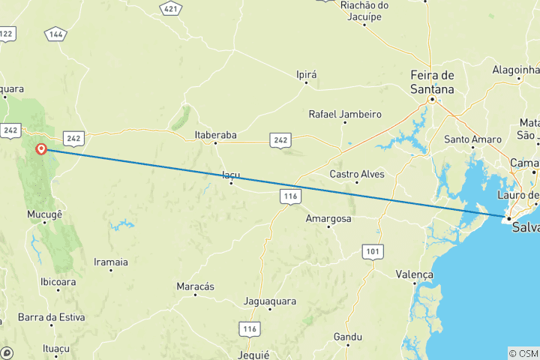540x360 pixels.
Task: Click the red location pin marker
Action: point(42,148)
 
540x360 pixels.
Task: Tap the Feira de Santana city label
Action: point(433,82)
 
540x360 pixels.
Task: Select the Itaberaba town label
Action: point(215,135)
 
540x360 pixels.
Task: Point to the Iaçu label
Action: point(231,175)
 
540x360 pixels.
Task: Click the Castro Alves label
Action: point(357,174)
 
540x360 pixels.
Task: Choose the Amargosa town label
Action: point(328,218)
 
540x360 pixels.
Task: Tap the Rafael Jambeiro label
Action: point(345,115)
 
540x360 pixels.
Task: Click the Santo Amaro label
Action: point(472,139)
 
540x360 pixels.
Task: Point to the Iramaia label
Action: point(110,262)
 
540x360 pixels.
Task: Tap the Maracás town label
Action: point(195,286)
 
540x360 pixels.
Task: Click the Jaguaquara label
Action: point(270,301)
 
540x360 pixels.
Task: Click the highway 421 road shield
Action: point(172,9)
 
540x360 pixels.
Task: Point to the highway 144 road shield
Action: point(56,34)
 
